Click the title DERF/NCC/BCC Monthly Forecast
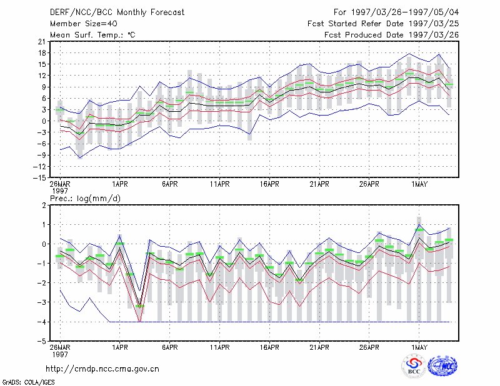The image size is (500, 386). pyautogui.click(x=117, y=12)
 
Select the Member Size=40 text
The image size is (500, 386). pyautogui.click(x=84, y=24)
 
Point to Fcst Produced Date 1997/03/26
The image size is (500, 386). pyautogui.click(x=392, y=35)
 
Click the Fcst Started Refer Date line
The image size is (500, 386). pyautogui.click(x=383, y=24)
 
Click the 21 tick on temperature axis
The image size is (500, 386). pyautogui.click(x=42, y=41)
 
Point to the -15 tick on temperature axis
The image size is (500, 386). pyautogui.click(x=39, y=178)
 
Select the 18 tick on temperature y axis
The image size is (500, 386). pyautogui.click(x=42, y=53)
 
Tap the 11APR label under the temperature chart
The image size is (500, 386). pyautogui.click(x=220, y=184)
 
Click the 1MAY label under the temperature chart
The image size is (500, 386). pyautogui.click(x=419, y=184)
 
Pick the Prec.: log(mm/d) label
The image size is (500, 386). pyautogui.click(x=85, y=199)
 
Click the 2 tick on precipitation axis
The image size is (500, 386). pyautogui.click(x=44, y=205)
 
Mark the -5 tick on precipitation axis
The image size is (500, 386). pyautogui.click(x=41, y=341)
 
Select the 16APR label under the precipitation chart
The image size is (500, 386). pyautogui.click(x=269, y=347)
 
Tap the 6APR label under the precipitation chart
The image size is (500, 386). pyautogui.click(x=169, y=347)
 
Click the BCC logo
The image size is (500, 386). pyautogui.click(x=414, y=366)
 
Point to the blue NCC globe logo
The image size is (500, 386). pyautogui.click(x=442, y=366)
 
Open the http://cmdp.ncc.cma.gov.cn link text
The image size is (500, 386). pyautogui.click(x=102, y=369)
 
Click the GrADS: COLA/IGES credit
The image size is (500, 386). pyautogui.click(x=28, y=382)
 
